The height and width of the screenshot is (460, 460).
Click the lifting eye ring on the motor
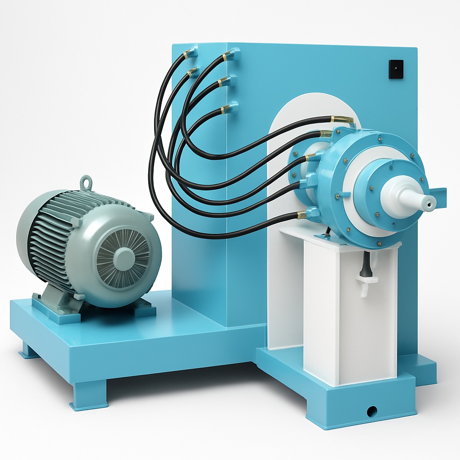86,182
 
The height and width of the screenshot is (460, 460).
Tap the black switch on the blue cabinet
396,69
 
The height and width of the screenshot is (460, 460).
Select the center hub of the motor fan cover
124,259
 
